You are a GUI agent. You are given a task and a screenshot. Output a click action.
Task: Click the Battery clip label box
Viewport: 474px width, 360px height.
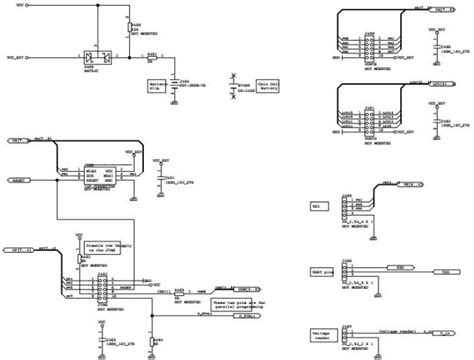click(157, 85)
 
